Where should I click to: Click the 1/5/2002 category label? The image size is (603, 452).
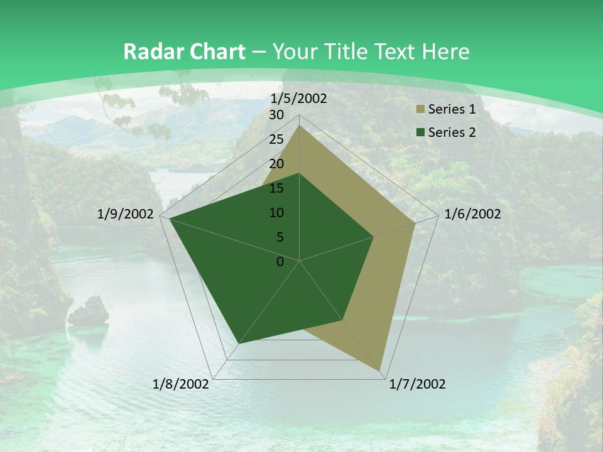298,99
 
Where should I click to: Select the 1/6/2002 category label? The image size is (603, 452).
472,214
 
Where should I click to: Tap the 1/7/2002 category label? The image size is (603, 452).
417,384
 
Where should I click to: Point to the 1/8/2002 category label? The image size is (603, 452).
181,384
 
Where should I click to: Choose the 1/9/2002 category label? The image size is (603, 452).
126,214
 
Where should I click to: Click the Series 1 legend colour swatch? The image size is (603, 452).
419,110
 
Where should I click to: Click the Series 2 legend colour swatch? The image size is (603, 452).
419,132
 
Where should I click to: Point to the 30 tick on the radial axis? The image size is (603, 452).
276,115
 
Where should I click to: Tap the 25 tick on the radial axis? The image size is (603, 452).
276,139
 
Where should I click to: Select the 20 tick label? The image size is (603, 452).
276,164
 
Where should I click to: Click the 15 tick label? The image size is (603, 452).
276,188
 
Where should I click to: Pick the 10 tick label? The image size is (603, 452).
276,213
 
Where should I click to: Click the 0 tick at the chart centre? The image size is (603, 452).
280,262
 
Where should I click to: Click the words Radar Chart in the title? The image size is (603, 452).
184,51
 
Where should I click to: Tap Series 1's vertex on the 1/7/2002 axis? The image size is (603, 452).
380,370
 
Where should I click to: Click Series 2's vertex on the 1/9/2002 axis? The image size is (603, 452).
170,218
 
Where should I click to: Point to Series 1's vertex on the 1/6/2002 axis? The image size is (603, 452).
415,223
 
